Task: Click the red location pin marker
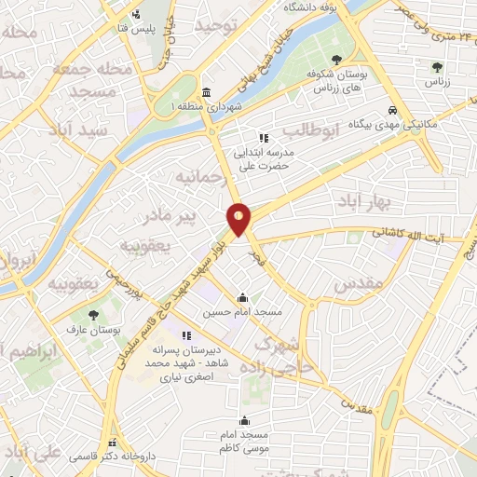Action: pyautogui.click(x=239, y=219)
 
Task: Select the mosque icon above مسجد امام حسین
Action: pyautogui.click(x=243, y=298)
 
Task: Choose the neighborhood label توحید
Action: pyautogui.click(x=218, y=24)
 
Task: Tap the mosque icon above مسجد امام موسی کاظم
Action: pyautogui.click(x=245, y=420)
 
